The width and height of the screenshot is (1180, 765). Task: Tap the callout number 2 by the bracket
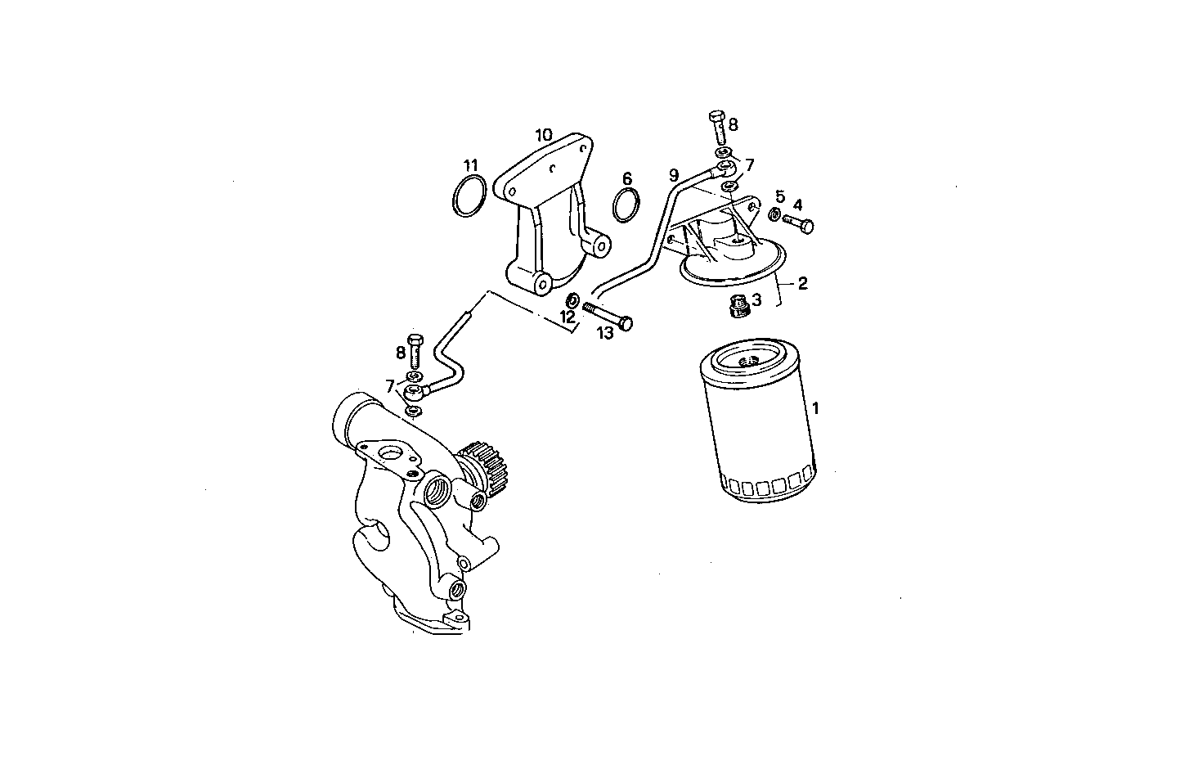click(x=802, y=283)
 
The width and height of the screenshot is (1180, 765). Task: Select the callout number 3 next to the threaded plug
click(x=756, y=300)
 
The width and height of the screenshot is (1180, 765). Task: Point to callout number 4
click(x=797, y=204)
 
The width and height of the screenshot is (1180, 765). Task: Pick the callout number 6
click(x=627, y=178)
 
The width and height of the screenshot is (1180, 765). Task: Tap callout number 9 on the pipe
click(x=674, y=174)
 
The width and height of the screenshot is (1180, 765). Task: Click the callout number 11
click(x=468, y=166)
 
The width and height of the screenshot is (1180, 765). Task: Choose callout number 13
click(x=604, y=332)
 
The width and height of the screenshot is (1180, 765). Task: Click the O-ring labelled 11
click(x=469, y=198)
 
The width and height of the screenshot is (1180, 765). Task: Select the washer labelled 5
click(x=774, y=215)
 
